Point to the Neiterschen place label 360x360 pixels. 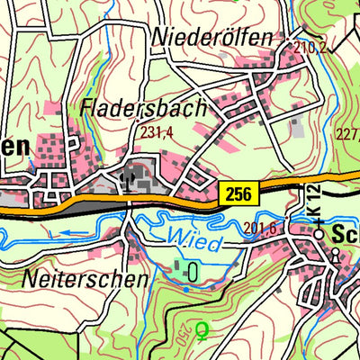pos(87,278)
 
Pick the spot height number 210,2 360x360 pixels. pos(310,47)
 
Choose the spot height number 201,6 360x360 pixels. pos(259,228)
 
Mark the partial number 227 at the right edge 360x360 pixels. pos(347,136)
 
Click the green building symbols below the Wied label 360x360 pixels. pos(185,267)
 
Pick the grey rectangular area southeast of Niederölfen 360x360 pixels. pos(297,127)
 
